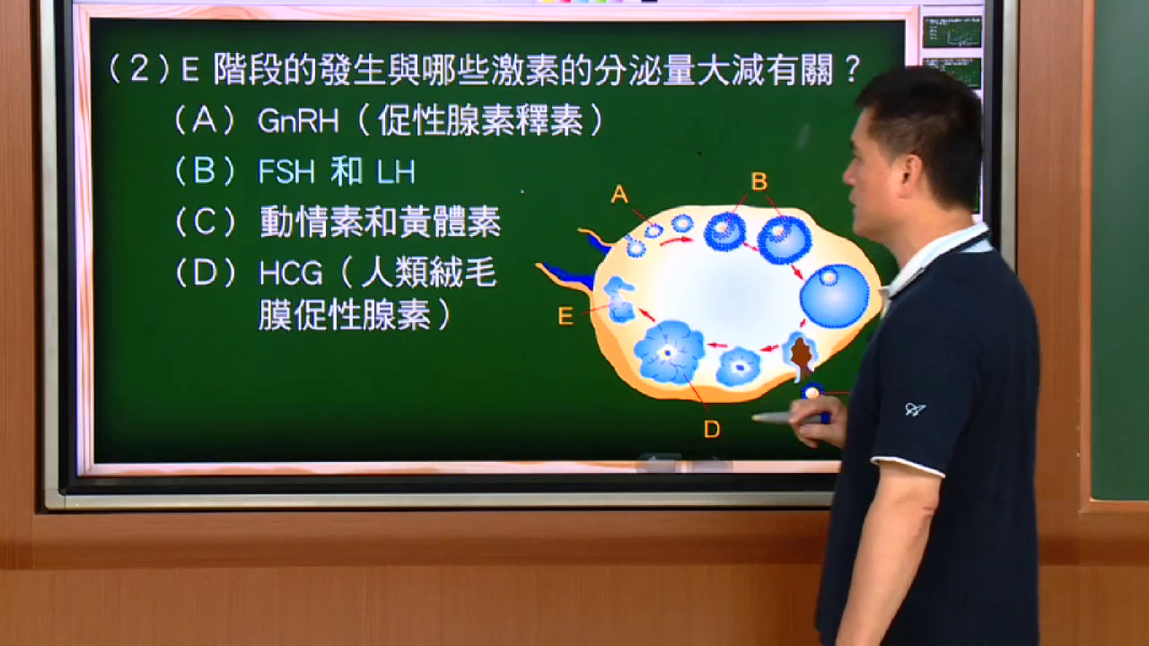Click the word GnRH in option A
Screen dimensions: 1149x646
click(298, 121)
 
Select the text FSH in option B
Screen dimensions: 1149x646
click(286, 171)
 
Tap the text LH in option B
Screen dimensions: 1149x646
click(396, 172)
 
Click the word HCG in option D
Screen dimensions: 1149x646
click(290, 273)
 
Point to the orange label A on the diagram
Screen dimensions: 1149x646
click(619, 195)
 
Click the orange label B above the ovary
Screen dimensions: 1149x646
click(759, 181)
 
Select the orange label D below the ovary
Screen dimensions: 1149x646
click(712, 429)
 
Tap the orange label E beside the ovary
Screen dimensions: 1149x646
click(566, 317)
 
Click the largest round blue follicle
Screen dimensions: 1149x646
click(835, 296)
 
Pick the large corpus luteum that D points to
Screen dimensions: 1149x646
click(670, 353)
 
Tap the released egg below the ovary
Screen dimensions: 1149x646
click(812, 393)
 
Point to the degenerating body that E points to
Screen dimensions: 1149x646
click(619, 300)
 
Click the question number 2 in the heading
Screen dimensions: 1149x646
click(139, 69)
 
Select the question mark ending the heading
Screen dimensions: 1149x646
click(852, 69)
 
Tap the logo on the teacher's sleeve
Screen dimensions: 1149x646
click(914, 409)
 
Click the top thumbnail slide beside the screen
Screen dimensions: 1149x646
click(952, 31)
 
